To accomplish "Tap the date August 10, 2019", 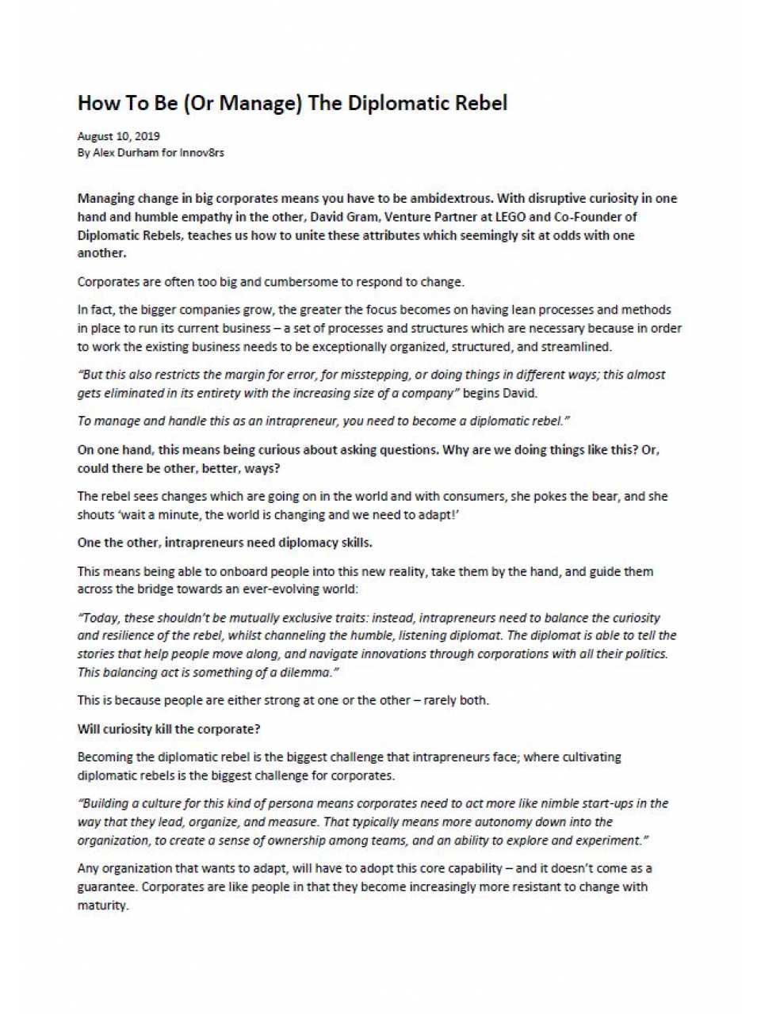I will coord(118,136).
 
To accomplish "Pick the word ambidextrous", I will coord(451,198).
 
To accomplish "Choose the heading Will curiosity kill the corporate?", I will coord(169,729).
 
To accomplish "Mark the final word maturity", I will coord(102,905).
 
